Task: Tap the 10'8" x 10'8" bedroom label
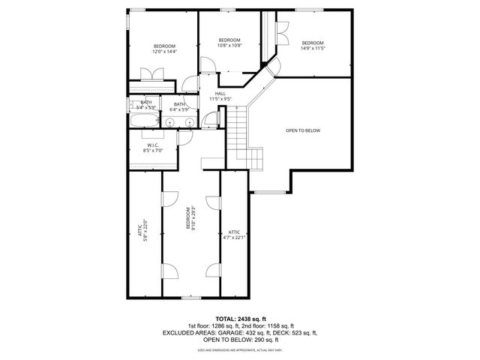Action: pos(229,43)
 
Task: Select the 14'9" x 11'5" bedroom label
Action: pos(313,46)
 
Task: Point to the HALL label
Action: pos(220,96)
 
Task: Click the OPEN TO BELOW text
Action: pos(303,130)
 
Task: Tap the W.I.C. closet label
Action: pos(152,147)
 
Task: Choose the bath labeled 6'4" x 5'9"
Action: pos(180,107)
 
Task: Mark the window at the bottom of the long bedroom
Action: pos(191,298)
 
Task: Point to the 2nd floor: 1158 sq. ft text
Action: pos(270,325)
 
